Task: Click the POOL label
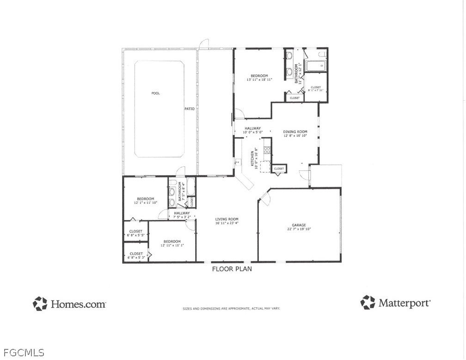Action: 155,93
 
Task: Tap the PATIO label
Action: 190,109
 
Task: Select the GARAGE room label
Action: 299,225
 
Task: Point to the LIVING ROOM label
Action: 227,219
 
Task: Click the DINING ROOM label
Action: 295,132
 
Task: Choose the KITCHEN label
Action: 252,158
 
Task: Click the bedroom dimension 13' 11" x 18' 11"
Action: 259,80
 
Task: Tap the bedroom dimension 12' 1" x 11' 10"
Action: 146,203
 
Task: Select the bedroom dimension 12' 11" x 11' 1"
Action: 172,246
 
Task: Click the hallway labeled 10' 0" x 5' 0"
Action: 253,133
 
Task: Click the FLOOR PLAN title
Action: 232,269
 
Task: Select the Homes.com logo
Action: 69,304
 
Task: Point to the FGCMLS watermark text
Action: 22,354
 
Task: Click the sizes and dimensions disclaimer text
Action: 231,308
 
